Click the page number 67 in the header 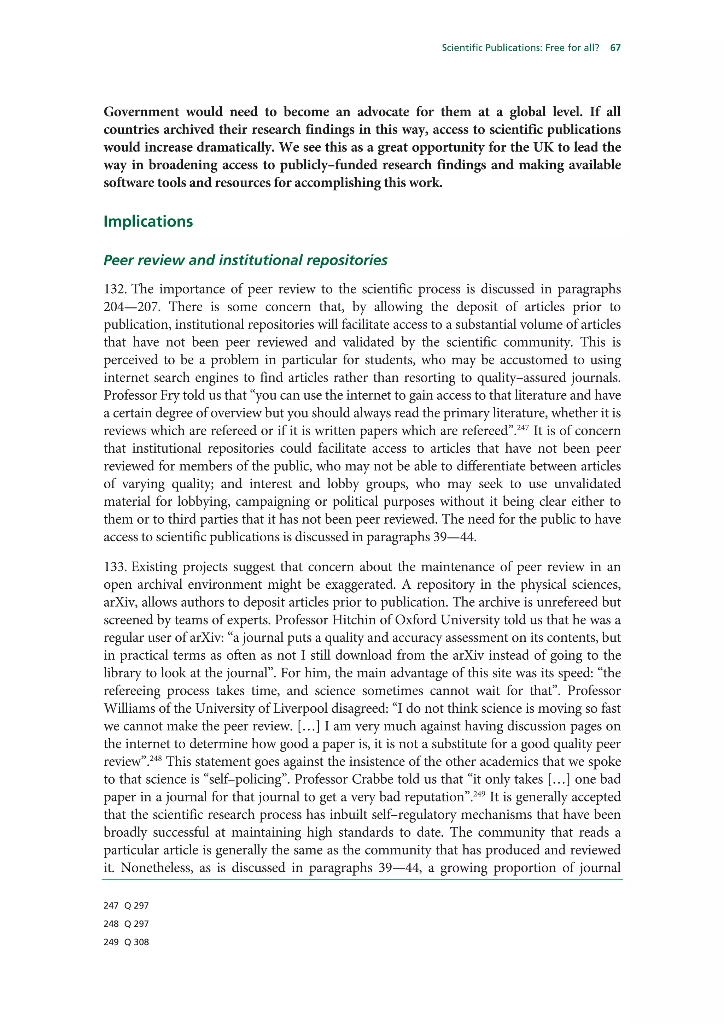point(615,48)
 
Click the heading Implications point(148,222)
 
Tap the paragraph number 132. point(115,289)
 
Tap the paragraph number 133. point(115,567)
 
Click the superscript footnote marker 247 point(522,428)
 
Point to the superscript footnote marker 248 point(156,759)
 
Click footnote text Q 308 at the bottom point(136,942)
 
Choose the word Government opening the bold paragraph point(141,112)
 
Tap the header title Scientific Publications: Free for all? point(520,48)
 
